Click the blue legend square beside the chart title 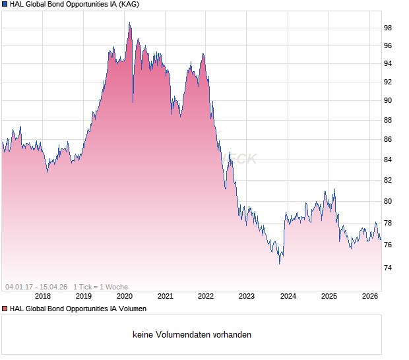pyautogui.click(x=5, y=5)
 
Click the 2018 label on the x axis pyautogui.click(x=43, y=296)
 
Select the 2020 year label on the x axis pyautogui.click(x=125, y=296)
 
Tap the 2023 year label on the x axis pyautogui.click(x=247, y=296)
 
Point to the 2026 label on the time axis pyautogui.click(x=369, y=296)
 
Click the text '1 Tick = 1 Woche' pyautogui.click(x=100, y=287)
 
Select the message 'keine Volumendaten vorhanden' pyautogui.click(x=192, y=335)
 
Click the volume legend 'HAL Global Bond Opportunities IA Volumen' pyautogui.click(x=78, y=309)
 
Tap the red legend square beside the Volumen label pyautogui.click(x=5, y=309)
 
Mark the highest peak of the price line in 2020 pyautogui.click(x=129, y=22)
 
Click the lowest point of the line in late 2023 pyautogui.click(x=279, y=263)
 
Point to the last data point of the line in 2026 pyautogui.click(x=381, y=239)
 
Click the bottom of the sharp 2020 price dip pyautogui.click(x=133, y=102)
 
